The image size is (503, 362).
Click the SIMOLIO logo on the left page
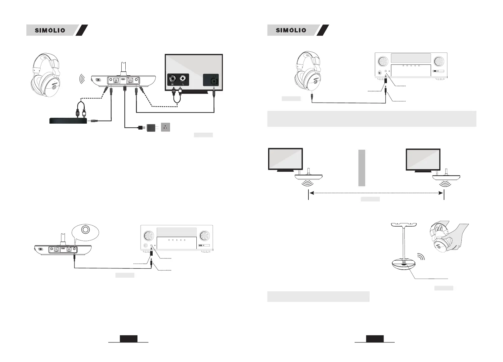tap(50, 30)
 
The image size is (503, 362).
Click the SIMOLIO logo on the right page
tap(291, 30)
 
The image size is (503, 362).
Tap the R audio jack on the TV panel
tap(173, 78)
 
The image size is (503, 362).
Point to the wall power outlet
tap(165, 127)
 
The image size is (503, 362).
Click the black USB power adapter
tap(152, 127)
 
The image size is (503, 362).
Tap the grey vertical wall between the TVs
tap(362, 168)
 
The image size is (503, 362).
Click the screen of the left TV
tap(285, 159)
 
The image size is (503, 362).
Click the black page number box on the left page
tap(128, 339)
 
